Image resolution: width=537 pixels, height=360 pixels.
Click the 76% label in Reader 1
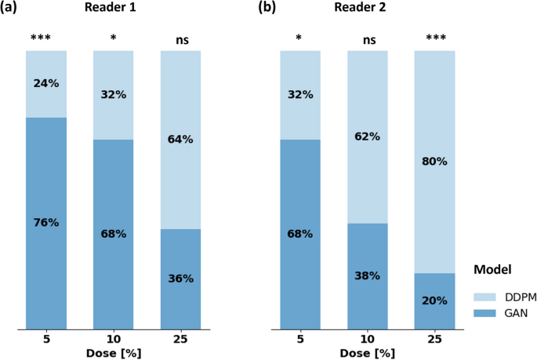coord(46,222)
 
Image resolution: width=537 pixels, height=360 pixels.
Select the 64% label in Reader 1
coord(180,140)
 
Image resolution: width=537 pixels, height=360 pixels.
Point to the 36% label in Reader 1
coord(180,278)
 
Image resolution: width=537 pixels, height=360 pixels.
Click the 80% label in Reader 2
coord(434,162)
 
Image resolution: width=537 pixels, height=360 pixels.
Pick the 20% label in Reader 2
coord(434,300)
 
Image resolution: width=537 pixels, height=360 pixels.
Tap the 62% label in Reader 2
coord(367,136)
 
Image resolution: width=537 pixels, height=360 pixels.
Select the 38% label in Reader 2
coord(367,275)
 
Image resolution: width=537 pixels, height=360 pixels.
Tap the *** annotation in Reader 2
coord(434,38)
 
